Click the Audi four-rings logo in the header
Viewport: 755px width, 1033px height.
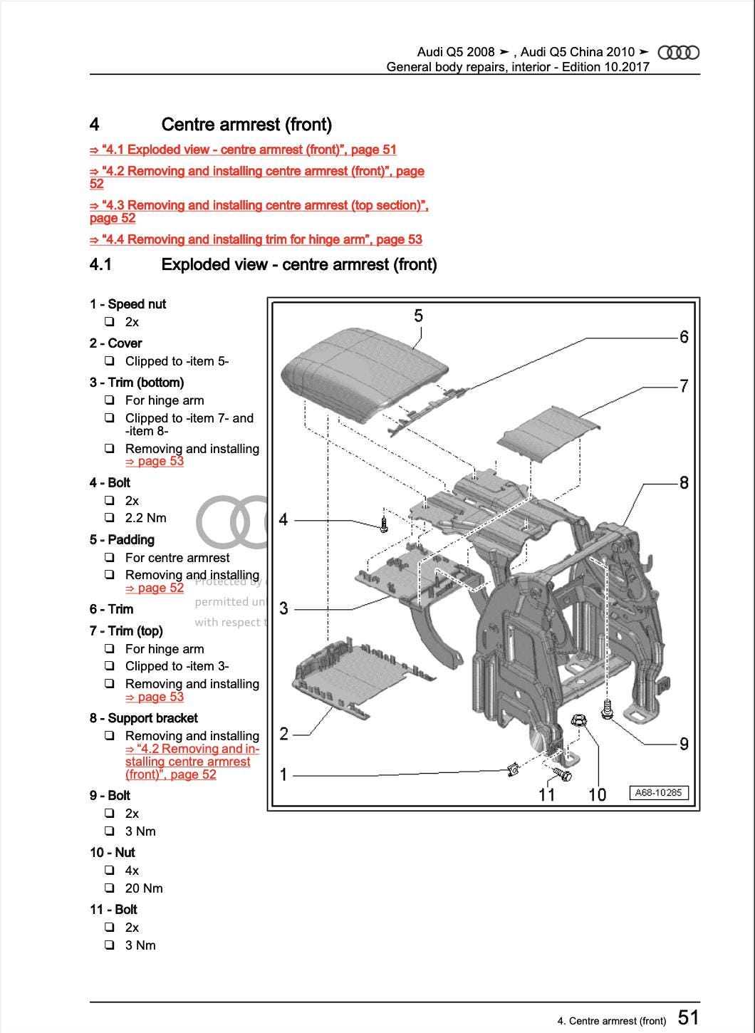click(678, 53)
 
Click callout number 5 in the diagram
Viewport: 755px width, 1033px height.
click(418, 316)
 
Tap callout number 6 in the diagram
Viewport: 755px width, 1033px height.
click(684, 337)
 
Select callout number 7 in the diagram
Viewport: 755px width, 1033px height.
click(684, 386)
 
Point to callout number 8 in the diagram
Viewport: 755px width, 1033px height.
click(684, 483)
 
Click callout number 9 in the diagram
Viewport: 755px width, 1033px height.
click(684, 744)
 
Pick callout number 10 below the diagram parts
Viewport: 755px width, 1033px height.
click(597, 794)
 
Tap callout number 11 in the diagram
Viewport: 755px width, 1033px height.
click(546, 794)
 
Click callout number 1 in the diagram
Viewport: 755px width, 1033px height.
click(283, 774)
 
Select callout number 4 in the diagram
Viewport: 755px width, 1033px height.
click(283, 520)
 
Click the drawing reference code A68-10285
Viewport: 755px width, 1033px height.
click(659, 792)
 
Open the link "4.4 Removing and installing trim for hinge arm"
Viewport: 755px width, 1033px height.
click(256, 240)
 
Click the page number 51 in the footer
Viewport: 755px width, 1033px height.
click(687, 1017)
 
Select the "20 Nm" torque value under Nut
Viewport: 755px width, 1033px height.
click(144, 888)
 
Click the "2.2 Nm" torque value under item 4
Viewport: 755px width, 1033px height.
click(146, 518)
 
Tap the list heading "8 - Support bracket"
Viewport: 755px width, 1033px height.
click(144, 718)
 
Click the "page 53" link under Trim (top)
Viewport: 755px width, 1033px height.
click(155, 697)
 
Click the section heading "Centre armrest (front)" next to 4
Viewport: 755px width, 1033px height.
click(246, 125)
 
